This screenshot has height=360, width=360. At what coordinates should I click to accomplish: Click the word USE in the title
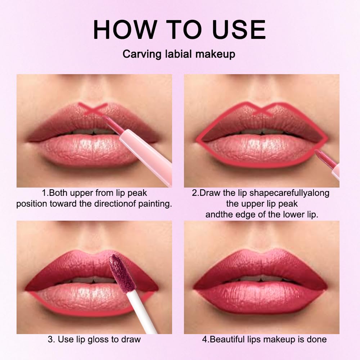(239, 30)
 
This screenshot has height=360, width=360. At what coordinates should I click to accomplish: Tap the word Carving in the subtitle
(142, 55)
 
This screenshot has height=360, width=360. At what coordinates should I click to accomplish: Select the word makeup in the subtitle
(215, 55)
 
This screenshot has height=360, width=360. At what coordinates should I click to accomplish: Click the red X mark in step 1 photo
(93, 109)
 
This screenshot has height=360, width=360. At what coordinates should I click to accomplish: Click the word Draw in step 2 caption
(210, 193)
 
